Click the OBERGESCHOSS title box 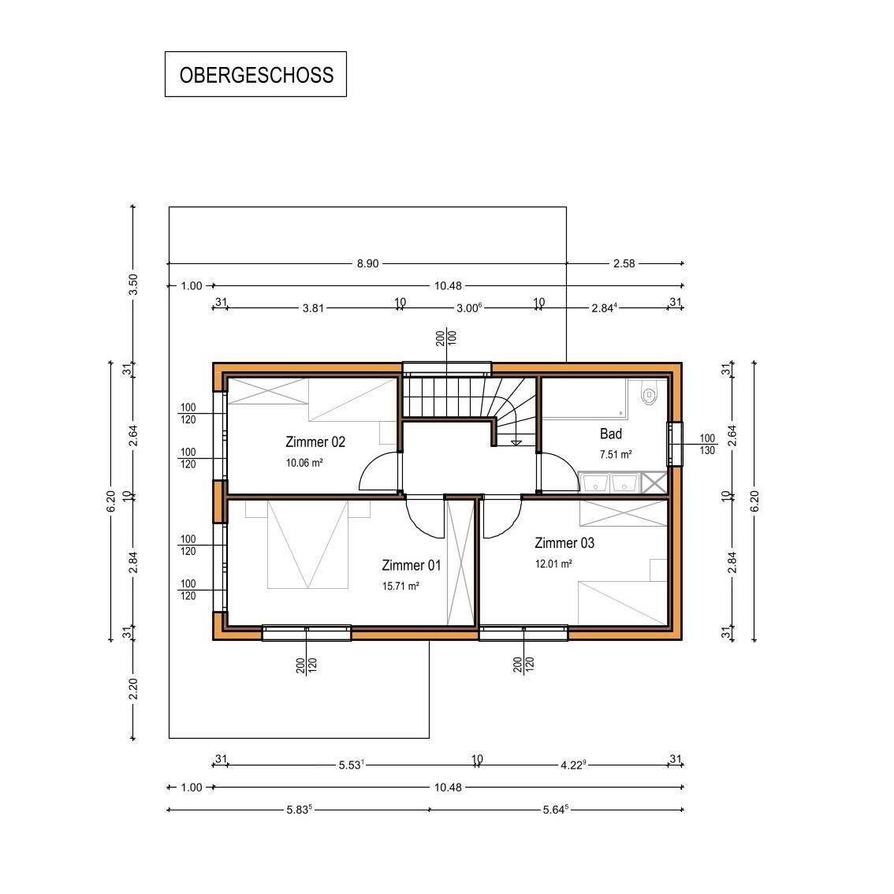point(255,74)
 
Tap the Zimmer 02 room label point(315,441)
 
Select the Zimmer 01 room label point(411,565)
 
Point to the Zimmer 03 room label point(564,542)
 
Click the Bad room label point(611,434)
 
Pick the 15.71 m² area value point(400,586)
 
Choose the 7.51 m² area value point(615,454)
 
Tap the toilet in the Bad point(649,394)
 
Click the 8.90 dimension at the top point(367,263)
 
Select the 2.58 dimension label point(624,263)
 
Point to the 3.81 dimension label point(313,308)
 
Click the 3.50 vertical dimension point(133,285)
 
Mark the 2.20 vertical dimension point(133,689)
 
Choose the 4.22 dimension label point(573,765)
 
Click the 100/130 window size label point(707,444)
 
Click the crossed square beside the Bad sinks point(654,482)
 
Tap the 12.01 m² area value point(553,564)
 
